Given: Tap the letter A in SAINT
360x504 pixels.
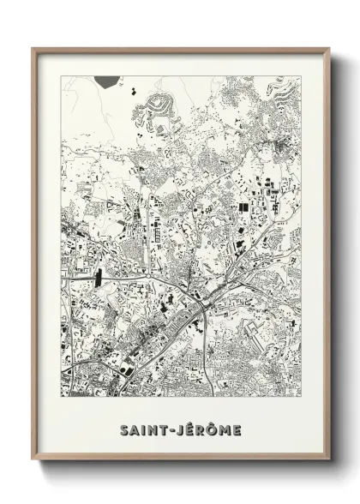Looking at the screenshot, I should (135, 428).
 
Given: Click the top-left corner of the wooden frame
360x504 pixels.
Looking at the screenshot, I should (33, 48).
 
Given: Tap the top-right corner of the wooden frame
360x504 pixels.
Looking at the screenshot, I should (329, 48).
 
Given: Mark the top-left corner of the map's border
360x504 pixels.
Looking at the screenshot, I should (61, 76).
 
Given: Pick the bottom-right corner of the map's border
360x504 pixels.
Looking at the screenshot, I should (301, 399).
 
